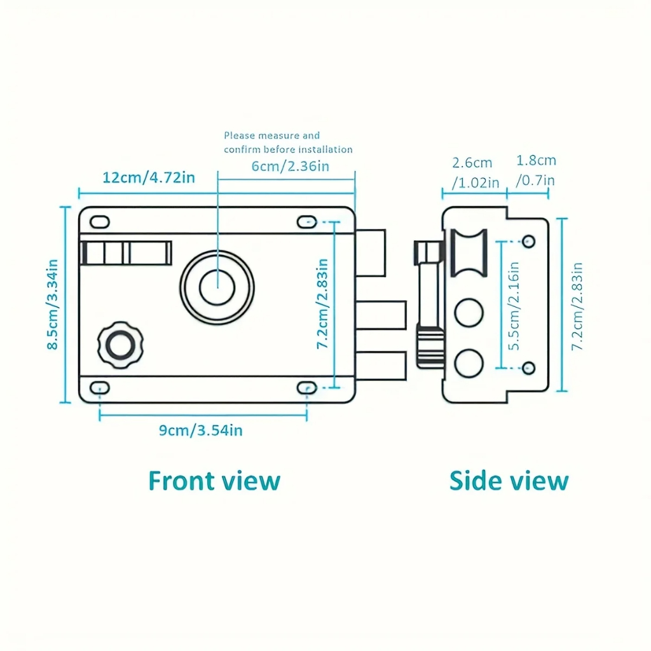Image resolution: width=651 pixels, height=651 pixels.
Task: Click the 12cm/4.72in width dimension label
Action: [x=149, y=178]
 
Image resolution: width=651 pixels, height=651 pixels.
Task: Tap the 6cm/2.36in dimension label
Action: [x=290, y=166]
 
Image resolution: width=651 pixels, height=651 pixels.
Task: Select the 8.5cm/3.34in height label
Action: [x=53, y=305]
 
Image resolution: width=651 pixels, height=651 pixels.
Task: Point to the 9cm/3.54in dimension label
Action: [x=200, y=430]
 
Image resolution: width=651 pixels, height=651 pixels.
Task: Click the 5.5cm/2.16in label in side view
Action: [x=514, y=306]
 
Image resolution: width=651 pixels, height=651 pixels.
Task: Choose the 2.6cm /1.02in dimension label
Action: [x=475, y=172]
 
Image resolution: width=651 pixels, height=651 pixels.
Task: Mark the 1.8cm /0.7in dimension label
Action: [x=535, y=170]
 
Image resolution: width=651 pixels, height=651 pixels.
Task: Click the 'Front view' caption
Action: [x=214, y=481]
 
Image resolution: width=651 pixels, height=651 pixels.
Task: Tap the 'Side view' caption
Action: [x=509, y=481]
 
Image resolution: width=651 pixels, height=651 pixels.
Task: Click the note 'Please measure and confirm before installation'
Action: [x=288, y=142]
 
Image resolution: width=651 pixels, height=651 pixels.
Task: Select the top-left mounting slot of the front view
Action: [x=100, y=222]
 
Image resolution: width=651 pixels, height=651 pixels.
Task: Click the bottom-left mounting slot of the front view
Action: [x=100, y=388]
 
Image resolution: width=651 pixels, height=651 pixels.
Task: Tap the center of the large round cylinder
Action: [x=217, y=287]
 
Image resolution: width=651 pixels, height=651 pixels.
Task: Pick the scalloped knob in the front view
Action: [x=120, y=345]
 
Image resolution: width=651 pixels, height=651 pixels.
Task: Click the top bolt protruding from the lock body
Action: [x=371, y=253]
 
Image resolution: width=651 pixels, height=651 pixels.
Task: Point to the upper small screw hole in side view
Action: [x=528, y=241]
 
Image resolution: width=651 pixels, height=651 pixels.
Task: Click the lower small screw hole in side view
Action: [x=528, y=368]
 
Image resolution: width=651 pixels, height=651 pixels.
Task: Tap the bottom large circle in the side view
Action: [x=469, y=363]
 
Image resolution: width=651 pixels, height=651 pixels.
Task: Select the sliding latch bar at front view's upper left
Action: [x=126, y=253]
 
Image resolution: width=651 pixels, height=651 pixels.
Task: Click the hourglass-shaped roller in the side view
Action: [x=469, y=252]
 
